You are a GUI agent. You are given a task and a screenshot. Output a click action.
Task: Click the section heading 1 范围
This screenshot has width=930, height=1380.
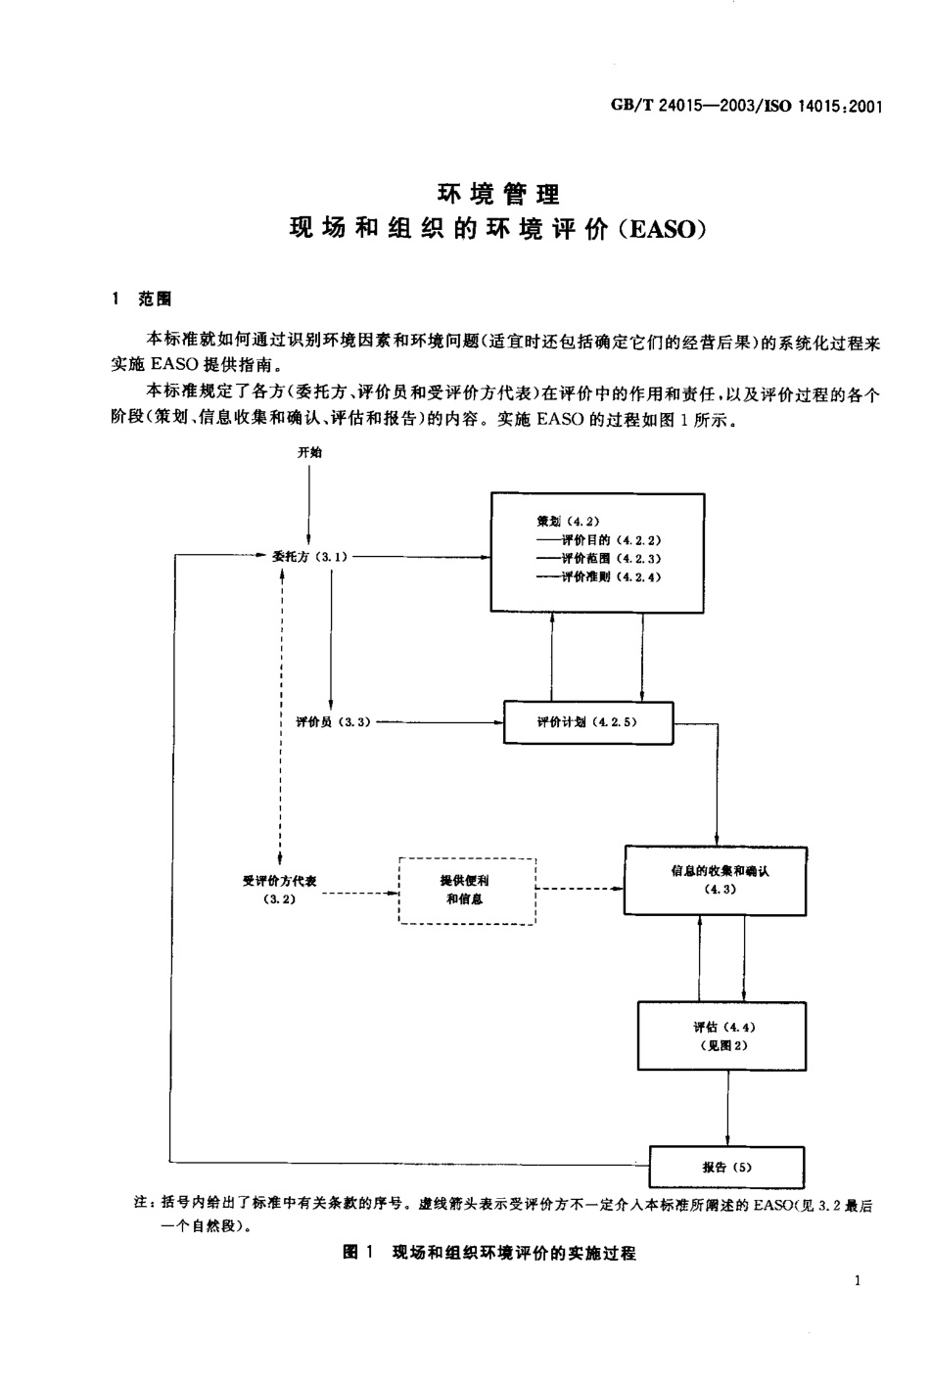[x=142, y=299]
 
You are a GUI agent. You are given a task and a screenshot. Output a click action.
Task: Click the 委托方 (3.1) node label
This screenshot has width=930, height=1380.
[x=308, y=557]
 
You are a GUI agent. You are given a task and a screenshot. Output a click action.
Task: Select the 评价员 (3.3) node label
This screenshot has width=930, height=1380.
[x=332, y=722]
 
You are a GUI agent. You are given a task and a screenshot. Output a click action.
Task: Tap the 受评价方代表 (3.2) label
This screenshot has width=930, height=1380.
[x=280, y=890]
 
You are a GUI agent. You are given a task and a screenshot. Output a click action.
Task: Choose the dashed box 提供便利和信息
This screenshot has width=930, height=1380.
[x=467, y=890]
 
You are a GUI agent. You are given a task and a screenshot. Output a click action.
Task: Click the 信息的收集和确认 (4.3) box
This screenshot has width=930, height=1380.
[x=716, y=880]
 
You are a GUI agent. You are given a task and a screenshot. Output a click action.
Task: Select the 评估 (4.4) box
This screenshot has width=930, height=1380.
[x=722, y=1035]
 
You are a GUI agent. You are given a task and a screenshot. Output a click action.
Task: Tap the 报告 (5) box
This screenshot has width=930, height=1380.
[x=726, y=1167]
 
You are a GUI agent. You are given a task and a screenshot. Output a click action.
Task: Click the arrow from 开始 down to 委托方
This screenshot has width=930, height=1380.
[x=309, y=504]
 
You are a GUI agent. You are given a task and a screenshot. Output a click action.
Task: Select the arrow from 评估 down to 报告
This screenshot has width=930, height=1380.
[x=727, y=1106]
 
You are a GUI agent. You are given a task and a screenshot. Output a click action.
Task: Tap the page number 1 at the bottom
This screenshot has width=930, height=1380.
[x=858, y=1282]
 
